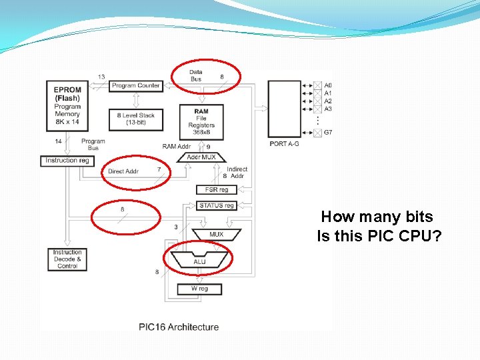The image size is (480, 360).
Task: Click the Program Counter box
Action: point(135,85)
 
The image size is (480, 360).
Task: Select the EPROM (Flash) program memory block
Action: point(67,106)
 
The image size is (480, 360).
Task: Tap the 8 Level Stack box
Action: point(135,119)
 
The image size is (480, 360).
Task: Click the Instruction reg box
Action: point(67,161)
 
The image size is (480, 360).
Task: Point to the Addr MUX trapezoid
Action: point(201,157)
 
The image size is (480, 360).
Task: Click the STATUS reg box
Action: point(217,206)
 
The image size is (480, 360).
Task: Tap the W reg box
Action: point(199,289)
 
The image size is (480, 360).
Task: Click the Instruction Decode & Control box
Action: point(67,259)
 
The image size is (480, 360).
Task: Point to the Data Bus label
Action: point(195,75)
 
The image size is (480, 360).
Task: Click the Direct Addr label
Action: point(123,171)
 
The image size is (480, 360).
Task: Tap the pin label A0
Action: point(328,85)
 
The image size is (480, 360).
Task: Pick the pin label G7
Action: point(328,132)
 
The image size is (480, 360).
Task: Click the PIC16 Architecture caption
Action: point(179,327)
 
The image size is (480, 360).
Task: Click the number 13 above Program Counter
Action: point(101,77)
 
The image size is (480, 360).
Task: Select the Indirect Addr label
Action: point(237,173)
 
